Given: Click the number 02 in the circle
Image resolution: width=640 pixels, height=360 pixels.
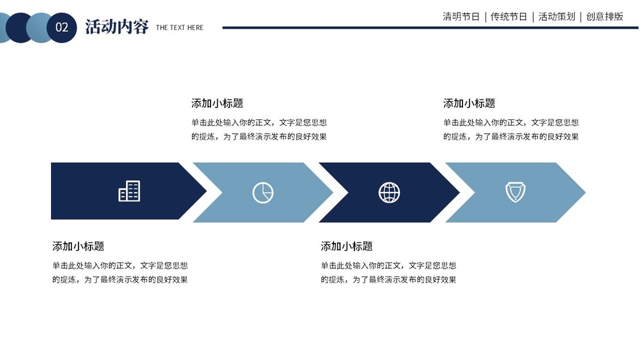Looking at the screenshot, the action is click(62, 28).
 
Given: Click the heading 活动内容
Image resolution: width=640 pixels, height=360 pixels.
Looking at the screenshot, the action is click(116, 27).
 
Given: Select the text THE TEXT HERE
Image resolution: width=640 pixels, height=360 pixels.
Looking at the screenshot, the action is click(179, 28).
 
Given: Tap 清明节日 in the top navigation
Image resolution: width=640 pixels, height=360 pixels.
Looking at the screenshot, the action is click(461, 17).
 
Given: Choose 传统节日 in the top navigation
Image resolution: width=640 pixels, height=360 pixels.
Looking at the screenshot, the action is click(509, 17).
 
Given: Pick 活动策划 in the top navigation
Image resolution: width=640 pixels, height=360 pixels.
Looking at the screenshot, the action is click(557, 17).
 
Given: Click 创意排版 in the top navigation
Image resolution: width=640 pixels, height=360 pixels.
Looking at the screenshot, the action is click(605, 17).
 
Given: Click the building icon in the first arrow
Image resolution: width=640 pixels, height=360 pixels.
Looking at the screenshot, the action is click(129, 191).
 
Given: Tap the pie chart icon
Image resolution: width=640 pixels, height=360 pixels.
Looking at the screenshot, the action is click(263, 193).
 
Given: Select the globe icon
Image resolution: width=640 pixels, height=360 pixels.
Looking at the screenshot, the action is click(389, 193).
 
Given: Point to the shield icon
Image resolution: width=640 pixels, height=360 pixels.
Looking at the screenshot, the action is click(515, 192).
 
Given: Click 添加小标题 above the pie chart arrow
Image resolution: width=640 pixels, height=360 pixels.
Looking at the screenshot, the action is click(217, 103).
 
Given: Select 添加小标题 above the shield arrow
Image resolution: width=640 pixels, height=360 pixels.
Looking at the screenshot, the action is click(469, 103).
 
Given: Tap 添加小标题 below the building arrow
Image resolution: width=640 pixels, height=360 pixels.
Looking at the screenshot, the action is click(78, 246).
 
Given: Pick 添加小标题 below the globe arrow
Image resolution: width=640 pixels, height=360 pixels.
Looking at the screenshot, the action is click(347, 246).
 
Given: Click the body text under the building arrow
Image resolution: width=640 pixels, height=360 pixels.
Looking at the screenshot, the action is click(120, 272).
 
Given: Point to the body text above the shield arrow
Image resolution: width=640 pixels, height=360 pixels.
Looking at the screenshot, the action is click(511, 130).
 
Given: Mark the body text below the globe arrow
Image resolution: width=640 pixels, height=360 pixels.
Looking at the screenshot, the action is click(389, 272).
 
